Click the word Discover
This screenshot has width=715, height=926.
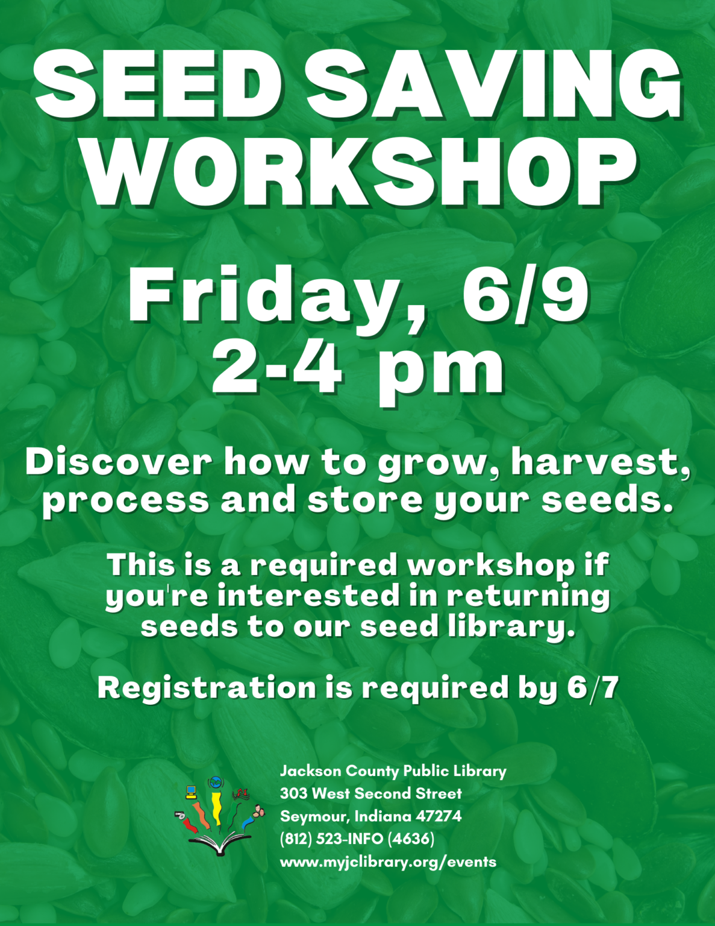point(118,462)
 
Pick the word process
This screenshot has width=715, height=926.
point(125,500)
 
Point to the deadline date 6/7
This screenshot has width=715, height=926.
point(593,688)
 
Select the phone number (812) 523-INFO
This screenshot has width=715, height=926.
point(331,839)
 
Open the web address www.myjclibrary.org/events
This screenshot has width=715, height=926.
point(388,861)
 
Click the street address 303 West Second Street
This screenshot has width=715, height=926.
point(370,793)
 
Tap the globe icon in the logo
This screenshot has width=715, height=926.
point(214,783)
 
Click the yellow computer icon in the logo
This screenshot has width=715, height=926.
point(191,792)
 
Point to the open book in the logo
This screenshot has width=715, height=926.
point(218,843)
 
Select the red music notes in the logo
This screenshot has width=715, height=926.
point(241,794)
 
